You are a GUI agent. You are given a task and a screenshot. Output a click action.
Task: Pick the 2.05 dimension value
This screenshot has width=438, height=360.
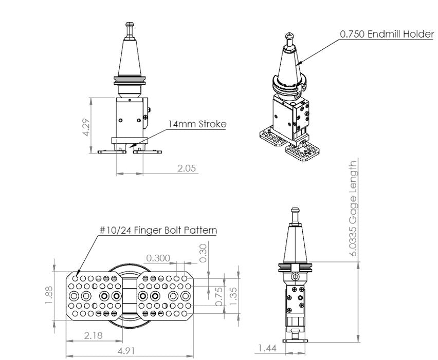coord(184,168)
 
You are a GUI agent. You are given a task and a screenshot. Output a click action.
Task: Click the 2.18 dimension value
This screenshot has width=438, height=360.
coord(94,336)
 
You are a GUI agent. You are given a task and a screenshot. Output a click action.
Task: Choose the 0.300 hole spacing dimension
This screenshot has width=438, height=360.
coord(158,257)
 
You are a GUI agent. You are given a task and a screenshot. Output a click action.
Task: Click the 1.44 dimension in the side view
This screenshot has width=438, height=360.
coord(266,349)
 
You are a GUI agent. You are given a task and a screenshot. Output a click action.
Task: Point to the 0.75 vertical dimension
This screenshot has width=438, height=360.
coord(219,297)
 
